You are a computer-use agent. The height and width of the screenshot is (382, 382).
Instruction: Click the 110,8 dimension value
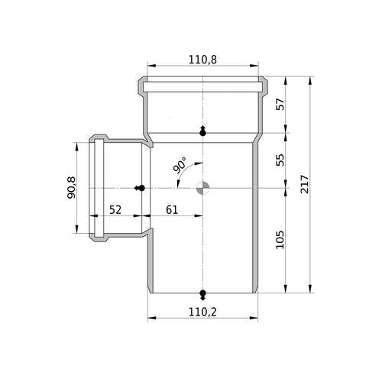[202, 60]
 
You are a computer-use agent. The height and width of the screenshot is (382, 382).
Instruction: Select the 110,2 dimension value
[202, 312]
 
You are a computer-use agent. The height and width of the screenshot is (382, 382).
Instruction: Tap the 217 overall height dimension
[305, 184]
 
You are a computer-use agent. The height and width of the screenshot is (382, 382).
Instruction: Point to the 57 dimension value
[280, 104]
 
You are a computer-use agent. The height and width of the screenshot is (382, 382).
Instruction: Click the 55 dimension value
[280, 160]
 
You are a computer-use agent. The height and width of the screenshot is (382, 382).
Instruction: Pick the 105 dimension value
[280, 240]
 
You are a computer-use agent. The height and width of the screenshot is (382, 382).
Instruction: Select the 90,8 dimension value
[71, 188]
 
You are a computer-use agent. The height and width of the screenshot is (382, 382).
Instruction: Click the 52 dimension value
[115, 210]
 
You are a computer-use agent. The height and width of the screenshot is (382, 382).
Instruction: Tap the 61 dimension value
[172, 210]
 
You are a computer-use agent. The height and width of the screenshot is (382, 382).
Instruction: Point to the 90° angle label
[180, 165]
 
